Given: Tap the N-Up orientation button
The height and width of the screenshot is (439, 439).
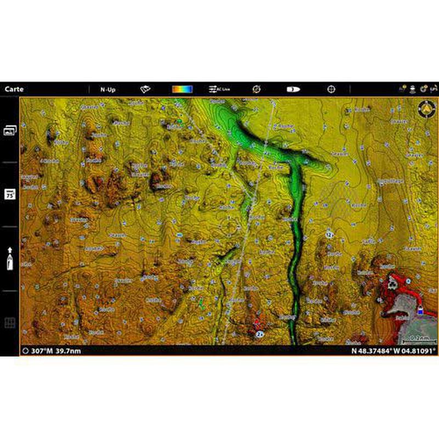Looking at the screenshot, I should tap(108, 89).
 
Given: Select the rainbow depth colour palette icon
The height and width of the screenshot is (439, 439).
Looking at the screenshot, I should tap(182, 89).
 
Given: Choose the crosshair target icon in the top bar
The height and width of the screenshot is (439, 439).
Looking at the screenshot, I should tap(331, 89).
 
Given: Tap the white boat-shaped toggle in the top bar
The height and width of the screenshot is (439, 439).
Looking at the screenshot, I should tap(293, 89).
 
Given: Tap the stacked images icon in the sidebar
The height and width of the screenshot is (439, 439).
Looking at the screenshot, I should tap(10, 130).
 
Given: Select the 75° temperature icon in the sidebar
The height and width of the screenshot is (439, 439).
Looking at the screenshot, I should tap(10, 194).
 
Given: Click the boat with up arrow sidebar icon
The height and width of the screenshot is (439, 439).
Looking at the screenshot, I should tap(10, 258).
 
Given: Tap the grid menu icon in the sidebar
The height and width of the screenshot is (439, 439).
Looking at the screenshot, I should tap(10, 323).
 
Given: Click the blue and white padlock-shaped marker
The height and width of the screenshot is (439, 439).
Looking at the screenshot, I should tap(420, 311).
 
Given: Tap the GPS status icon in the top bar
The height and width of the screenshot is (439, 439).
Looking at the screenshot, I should tap(434, 89).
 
